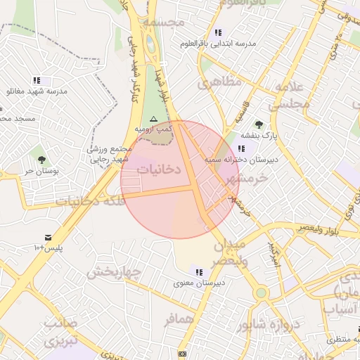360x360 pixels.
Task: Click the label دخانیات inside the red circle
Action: [158, 169]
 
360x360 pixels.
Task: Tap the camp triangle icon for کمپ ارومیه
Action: [153, 120]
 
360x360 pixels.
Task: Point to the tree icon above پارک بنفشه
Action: [259, 124]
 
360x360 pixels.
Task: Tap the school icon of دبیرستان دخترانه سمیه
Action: [242, 148]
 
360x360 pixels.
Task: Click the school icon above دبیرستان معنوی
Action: [199, 271]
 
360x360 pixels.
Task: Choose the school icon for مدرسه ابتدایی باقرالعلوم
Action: [218, 32]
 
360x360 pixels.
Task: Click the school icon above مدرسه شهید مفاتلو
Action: [36, 80]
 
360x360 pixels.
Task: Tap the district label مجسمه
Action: [163, 22]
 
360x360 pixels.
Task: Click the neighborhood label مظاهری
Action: [219, 82]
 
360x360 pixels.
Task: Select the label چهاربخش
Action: [110, 271]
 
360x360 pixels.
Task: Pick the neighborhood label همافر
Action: [179, 320]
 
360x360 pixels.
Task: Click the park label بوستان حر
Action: [40, 171]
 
